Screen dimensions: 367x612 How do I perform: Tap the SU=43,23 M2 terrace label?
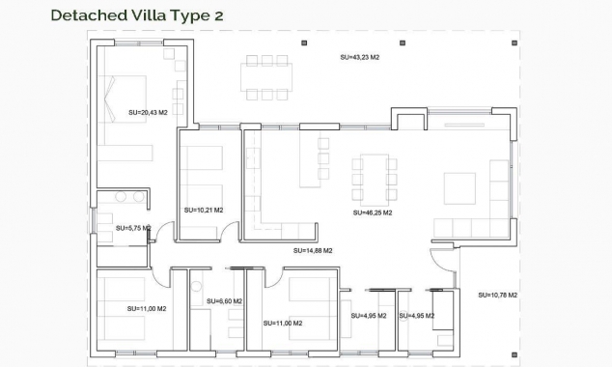359,58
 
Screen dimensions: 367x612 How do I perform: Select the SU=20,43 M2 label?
148,113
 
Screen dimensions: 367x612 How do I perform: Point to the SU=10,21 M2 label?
203,210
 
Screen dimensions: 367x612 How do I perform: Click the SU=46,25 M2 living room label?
372,212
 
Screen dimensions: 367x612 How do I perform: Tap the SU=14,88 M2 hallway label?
313,250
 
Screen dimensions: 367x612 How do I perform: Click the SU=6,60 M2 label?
223,301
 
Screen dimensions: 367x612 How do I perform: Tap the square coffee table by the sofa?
459,187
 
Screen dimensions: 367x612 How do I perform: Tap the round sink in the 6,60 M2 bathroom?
197,285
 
